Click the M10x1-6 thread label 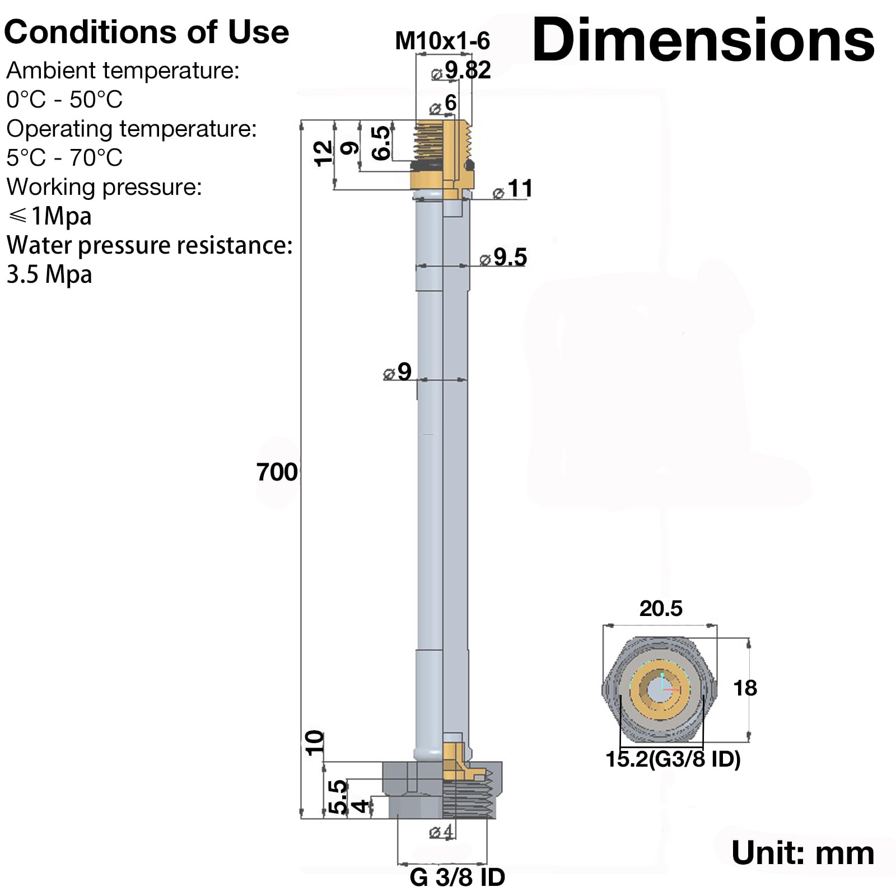point(442,41)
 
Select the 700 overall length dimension point(277,472)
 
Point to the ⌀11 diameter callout point(512,189)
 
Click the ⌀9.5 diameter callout point(503,257)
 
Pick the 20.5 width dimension point(661,608)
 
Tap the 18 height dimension point(745,688)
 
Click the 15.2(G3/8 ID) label point(673,759)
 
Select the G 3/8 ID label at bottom point(457,878)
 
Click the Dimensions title point(703,40)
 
